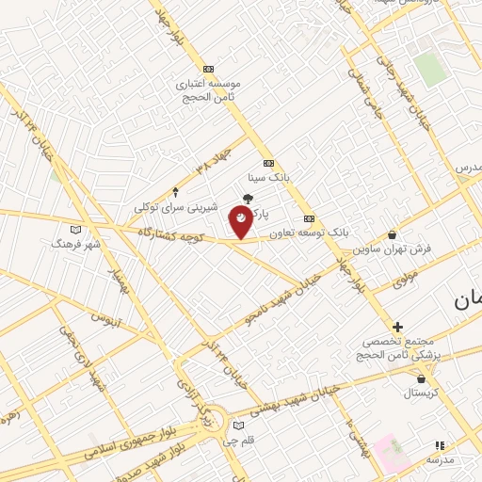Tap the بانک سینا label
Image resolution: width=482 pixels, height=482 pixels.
[x=265, y=177]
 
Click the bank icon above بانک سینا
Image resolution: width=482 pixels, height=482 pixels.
[x=268, y=162]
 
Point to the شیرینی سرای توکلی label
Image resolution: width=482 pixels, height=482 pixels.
[x=176, y=207]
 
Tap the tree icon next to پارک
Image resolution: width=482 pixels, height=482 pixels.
[x=248, y=199]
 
